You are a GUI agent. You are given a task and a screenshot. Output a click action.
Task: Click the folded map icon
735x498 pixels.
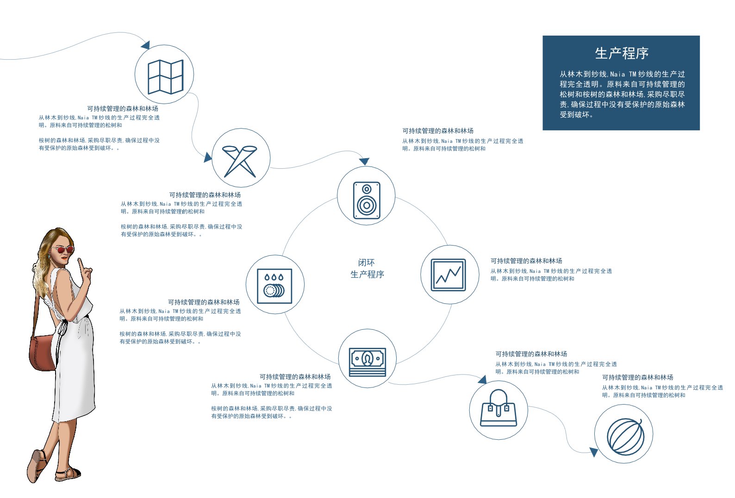click(165, 77)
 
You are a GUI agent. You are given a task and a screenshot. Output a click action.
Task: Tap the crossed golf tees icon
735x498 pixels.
click(240, 161)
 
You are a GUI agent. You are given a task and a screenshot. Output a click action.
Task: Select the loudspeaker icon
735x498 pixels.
click(367, 200)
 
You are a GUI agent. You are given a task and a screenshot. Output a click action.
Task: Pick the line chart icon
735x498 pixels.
click(448, 275)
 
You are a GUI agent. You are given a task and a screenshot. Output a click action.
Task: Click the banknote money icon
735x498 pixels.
click(367, 362)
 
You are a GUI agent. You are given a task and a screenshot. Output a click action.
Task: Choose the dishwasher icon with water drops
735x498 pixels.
click(274, 286)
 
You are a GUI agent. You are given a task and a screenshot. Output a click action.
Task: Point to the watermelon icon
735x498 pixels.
click(625, 437)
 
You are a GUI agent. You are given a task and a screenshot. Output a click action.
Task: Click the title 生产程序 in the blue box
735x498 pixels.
click(622, 54)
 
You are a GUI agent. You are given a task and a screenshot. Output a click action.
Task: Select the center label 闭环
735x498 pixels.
click(366, 263)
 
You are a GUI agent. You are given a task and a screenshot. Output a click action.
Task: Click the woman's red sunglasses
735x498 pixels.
click(62, 250)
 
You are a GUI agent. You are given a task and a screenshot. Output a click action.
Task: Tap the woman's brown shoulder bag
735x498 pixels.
click(43, 352)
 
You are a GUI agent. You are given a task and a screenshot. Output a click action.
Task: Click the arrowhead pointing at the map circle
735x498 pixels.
click(146, 45)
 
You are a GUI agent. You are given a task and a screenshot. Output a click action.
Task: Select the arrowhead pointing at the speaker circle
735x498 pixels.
click(364, 161)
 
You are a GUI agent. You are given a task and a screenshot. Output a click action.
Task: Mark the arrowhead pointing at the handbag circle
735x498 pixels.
click(482, 380)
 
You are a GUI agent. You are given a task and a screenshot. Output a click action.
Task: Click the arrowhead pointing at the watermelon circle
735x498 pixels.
click(593, 452)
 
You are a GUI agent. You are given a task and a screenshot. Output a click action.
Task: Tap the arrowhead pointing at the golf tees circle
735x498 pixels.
click(208, 157)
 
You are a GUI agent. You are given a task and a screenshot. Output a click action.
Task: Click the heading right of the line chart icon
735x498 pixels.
click(526, 261)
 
